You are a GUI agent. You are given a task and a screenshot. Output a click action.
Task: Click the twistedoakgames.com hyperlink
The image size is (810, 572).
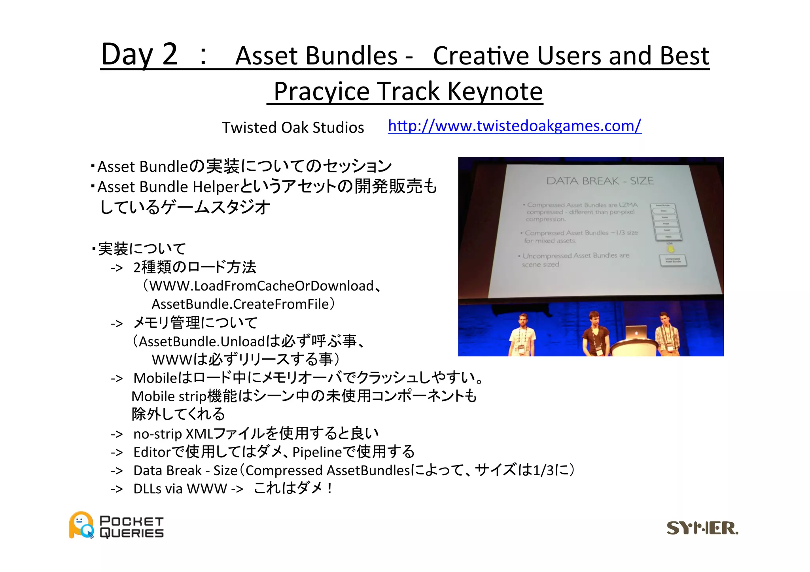pyautogui.click(x=514, y=126)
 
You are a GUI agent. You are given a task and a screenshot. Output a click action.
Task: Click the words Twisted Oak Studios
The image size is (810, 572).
pyautogui.click(x=293, y=128)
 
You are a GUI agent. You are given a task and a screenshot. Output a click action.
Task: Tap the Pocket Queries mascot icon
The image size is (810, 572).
pyautogui.click(x=81, y=525)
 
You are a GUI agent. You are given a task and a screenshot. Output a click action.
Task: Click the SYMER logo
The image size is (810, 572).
pyautogui.click(x=702, y=528)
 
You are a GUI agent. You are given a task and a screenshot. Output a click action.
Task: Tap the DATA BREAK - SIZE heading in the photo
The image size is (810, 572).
pyautogui.click(x=600, y=181)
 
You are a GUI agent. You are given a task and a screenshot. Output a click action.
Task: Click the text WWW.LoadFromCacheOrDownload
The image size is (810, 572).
pyautogui.click(x=261, y=286)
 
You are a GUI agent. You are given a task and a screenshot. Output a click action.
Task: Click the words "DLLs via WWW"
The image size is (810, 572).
pyautogui.click(x=180, y=489)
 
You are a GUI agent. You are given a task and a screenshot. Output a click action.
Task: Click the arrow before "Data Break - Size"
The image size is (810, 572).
pyautogui.click(x=117, y=471)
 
